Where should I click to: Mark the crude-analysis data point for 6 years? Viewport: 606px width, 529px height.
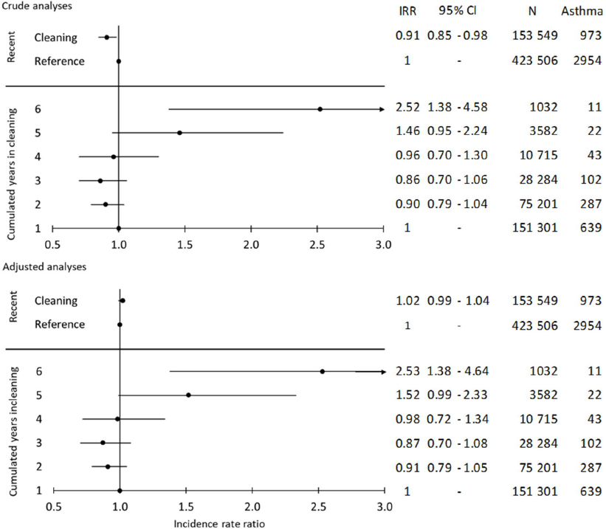(320, 108)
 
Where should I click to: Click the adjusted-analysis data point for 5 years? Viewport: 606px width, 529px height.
(188, 395)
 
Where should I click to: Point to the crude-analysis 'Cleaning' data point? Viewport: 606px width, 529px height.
(106, 37)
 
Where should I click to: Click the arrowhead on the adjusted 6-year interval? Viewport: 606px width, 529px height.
(382, 371)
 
